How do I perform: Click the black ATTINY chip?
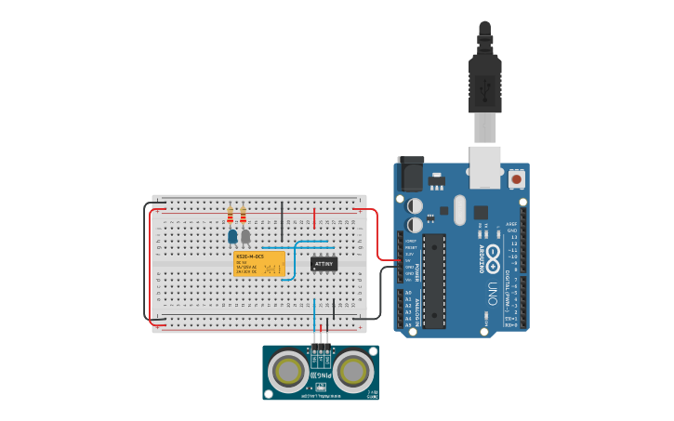[x=324, y=264]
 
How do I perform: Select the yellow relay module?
[x=259, y=263]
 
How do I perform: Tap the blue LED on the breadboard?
[x=232, y=237]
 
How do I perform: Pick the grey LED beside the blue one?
[x=245, y=236]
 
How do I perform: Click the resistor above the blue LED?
[x=231, y=217]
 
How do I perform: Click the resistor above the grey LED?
[x=244, y=217]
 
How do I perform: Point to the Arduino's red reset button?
[x=516, y=177]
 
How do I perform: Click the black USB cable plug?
[x=485, y=79]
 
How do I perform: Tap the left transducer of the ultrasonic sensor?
[x=289, y=372]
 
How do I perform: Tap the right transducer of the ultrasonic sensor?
[x=353, y=372]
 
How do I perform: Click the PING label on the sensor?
[x=321, y=375]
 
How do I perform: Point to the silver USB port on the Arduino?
[x=485, y=159]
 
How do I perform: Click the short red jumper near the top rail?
[x=315, y=219]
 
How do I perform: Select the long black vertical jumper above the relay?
[x=283, y=220]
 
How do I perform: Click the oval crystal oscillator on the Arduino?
[x=459, y=210]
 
